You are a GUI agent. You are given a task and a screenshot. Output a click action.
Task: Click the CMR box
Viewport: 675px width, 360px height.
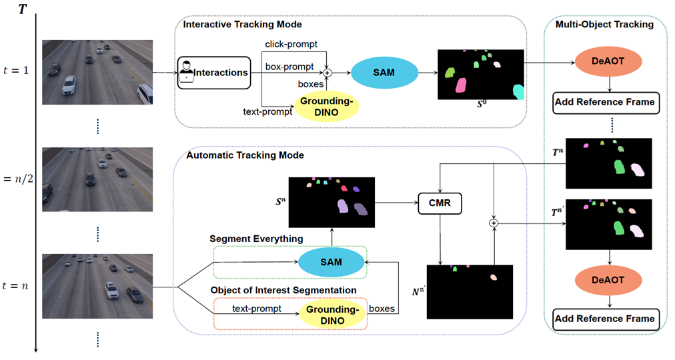(440, 204)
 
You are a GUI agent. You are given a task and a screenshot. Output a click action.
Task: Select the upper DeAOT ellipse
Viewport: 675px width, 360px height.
(607, 62)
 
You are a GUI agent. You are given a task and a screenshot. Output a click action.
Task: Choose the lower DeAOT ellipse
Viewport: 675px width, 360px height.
(607, 280)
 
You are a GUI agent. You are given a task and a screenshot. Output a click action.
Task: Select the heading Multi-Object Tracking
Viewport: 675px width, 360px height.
(604, 25)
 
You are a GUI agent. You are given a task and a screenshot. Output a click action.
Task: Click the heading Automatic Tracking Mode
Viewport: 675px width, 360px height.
(245, 155)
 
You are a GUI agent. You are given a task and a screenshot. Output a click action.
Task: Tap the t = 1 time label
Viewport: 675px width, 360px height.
(18, 69)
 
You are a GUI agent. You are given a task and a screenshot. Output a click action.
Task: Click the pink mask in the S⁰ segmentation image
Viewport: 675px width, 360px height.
(460, 85)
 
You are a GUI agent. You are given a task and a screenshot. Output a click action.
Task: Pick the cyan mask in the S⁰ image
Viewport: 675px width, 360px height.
(518, 91)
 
